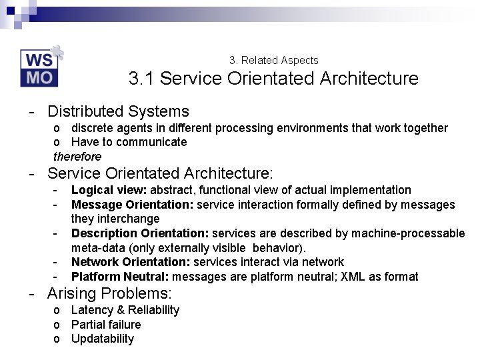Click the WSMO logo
(x=40, y=67)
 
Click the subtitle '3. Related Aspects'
(x=273, y=60)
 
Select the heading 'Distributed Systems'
(x=118, y=111)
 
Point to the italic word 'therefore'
(x=77, y=157)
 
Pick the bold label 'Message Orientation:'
(x=132, y=205)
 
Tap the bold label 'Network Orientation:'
(x=131, y=262)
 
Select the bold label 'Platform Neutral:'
(x=119, y=277)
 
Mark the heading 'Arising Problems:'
(x=109, y=293)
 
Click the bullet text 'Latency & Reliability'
(x=125, y=310)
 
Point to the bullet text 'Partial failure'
(x=106, y=325)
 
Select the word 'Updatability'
(x=103, y=339)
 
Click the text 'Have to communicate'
(x=129, y=142)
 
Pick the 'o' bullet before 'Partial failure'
(x=57, y=325)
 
